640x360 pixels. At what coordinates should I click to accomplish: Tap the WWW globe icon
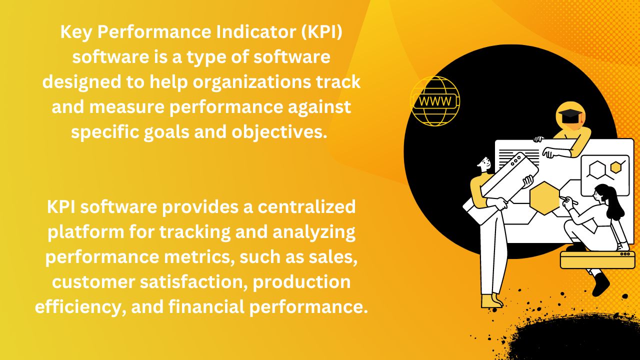coord(434,101)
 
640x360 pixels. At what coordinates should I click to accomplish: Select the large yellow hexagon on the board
coord(544,197)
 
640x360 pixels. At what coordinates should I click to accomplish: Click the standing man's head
coord(483,163)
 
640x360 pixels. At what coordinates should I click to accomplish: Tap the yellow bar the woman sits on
coord(597,260)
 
